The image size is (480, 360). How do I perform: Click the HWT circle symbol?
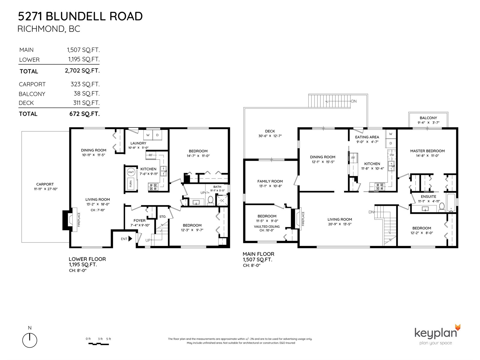pos(131,172)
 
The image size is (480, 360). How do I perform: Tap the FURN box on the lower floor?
pos(131,184)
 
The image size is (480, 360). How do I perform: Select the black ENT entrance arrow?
pos(130,238)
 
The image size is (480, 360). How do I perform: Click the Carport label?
pos(45,184)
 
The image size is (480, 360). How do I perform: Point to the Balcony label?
pos(428,118)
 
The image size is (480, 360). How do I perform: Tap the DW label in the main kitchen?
pos(392,155)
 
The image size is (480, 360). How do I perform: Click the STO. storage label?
pos(163,217)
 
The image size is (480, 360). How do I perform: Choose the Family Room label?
pos(270,181)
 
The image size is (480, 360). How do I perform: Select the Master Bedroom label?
pos(427,151)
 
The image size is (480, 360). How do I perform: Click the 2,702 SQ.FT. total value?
pos(82,70)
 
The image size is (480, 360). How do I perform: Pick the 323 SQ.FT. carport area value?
pos(85,84)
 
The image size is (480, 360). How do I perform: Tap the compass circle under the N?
pos(30,340)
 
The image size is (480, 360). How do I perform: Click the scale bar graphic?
pos(99,344)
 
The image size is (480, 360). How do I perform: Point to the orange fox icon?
pos(457,327)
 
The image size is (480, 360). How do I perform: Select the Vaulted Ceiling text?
pos(267,226)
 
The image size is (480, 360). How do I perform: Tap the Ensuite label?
pos(428,196)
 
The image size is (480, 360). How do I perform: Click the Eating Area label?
pos(367,137)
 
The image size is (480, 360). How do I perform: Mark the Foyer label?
pos(139,220)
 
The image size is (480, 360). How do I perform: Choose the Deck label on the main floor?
pos(270,131)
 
